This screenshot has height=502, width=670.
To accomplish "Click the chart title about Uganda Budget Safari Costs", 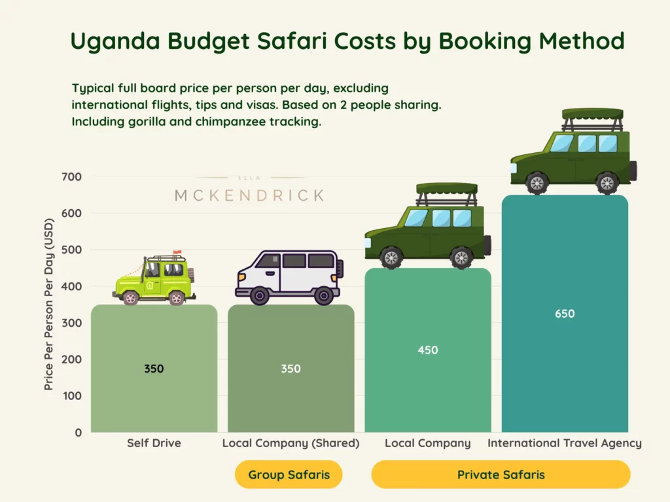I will coord(347,41).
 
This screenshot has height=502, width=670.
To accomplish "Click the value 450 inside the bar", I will coord(428,350).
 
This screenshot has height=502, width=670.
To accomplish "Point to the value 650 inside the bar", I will coord(565,314).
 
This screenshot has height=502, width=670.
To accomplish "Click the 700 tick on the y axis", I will coord(73,176).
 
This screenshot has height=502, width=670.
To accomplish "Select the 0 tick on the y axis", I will coord(78,433).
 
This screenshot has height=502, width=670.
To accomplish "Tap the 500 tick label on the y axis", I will coord(73,250).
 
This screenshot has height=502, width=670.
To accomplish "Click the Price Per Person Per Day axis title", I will coord(49,314).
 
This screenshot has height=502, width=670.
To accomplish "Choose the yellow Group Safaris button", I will coord(289,475).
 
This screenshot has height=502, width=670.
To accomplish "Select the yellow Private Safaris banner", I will coord(501,475).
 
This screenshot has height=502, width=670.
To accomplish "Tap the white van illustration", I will coord(288,276).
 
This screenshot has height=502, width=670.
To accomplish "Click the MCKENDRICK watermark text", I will coord(249,195).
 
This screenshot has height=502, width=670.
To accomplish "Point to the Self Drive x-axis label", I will coord(154,443).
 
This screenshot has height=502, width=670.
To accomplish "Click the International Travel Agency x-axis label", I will coord(565,443).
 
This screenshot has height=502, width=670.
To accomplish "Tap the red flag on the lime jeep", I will coord(177,252).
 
